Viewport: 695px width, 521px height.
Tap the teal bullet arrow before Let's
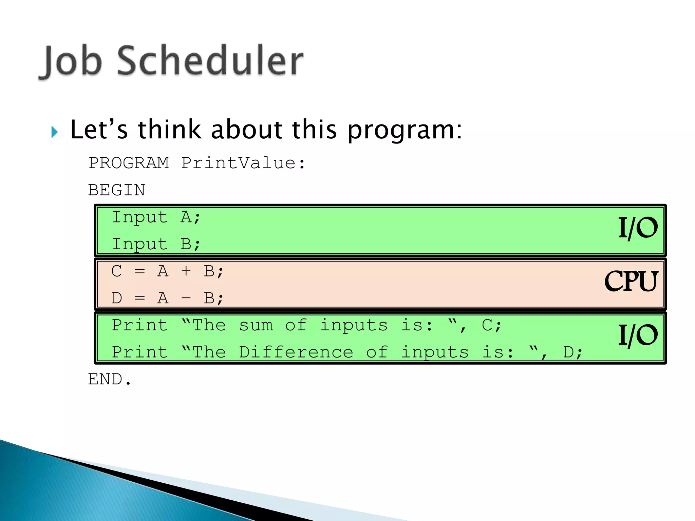pyautogui.click(x=54, y=132)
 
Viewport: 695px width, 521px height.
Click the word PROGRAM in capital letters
pyautogui.click(x=129, y=163)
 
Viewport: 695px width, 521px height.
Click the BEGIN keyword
pyautogui.click(x=116, y=190)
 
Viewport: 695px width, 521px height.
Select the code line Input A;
pyautogui.click(x=156, y=217)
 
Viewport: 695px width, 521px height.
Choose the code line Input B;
pyautogui.click(x=156, y=244)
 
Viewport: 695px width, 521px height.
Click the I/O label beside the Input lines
pyautogui.click(x=637, y=228)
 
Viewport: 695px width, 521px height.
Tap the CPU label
pyautogui.click(x=631, y=282)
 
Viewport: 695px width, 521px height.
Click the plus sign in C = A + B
pyautogui.click(x=186, y=271)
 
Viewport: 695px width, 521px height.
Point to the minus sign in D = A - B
pyautogui.click(x=186, y=298)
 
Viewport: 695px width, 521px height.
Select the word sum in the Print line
pyautogui.click(x=256, y=326)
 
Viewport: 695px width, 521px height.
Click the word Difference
pyautogui.click(x=296, y=352)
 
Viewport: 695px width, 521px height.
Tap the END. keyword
pyautogui.click(x=109, y=379)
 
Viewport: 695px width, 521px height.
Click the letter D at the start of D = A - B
pyautogui.click(x=117, y=298)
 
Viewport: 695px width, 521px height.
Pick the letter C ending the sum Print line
pyautogui.click(x=487, y=325)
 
